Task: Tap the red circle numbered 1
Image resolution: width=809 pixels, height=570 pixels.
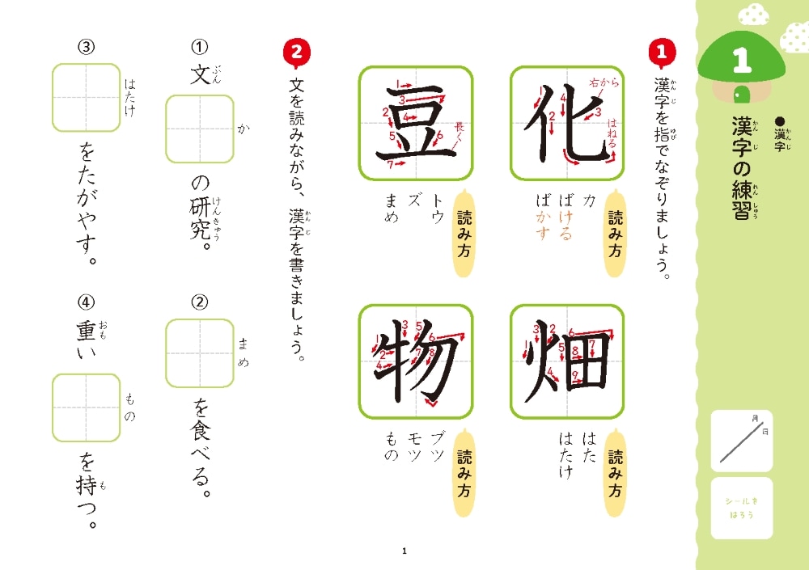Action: pos(662,52)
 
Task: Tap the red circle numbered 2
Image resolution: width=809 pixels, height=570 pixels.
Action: pos(297,52)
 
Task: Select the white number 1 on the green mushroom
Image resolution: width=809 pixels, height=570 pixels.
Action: pos(742,60)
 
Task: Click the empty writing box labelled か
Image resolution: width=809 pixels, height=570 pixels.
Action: pos(200,129)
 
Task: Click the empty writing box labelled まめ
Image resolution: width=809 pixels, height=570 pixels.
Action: pos(200,353)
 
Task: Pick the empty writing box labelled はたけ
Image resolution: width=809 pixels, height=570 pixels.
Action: pos(87,98)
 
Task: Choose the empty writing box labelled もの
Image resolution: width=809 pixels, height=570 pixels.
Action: pos(87,408)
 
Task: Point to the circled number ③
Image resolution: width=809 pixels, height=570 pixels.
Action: pos(87,47)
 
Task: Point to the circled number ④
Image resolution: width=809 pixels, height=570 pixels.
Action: pos(87,302)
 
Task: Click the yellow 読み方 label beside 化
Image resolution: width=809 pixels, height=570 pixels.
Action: pos(615,233)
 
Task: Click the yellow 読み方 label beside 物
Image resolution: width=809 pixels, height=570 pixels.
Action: pos(464,472)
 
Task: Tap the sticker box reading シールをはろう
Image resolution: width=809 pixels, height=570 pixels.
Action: pos(741,508)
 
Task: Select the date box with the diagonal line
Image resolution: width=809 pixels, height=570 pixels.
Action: pos(741,441)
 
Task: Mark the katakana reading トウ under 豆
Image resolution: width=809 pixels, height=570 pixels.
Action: pos(438,209)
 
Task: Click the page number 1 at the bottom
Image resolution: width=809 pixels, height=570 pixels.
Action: pos(404,551)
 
